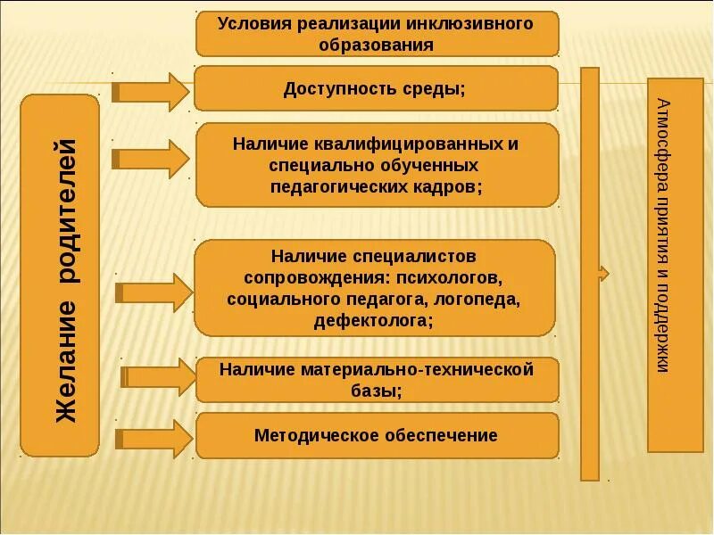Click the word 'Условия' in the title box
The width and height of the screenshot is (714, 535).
(x=250, y=23)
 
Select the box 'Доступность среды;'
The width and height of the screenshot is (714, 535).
(x=377, y=88)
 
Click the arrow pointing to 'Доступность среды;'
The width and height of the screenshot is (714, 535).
(x=152, y=91)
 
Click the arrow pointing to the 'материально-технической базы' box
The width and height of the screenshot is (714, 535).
(x=159, y=377)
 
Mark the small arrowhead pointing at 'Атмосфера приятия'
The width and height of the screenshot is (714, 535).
(x=604, y=274)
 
